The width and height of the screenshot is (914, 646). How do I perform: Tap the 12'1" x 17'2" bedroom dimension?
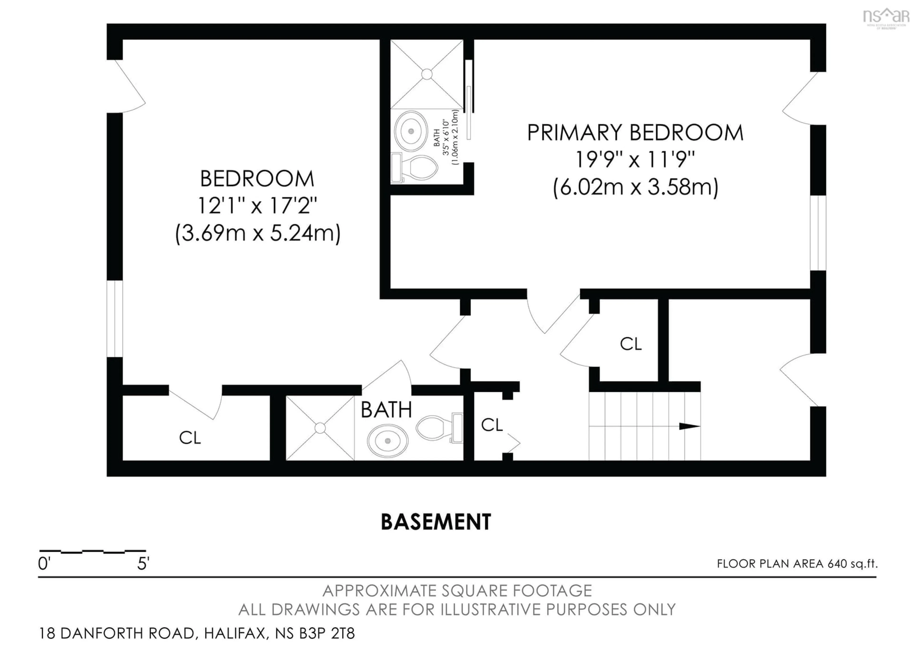pyautogui.click(x=257, y=206)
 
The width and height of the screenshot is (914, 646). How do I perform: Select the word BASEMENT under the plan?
pyautogui.click(x=436, y=522)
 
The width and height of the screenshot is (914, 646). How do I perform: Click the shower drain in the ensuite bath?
pyautogui.click(x=427, y=74)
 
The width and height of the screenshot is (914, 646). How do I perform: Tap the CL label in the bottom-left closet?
pyautogui.click(x=190, y=438)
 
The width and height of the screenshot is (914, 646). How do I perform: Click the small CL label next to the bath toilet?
pyautogui.click(x=492, y=425)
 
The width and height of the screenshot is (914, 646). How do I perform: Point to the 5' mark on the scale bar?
pyautogui.click(x=143, y=564)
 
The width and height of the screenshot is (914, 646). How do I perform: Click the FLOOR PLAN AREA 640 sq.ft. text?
pyautogui.click(x=797, y=564)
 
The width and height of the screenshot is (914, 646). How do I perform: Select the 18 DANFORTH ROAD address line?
pyautogui.click(x=197, y=633)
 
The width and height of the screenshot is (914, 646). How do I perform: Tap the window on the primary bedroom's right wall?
pyautogui.click(x=818, y=233)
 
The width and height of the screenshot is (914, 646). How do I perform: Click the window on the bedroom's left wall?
pyautogui.click(x=115, y=319)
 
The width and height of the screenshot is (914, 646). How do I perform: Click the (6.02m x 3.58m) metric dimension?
pyautogui.click(x=635, y=187)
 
